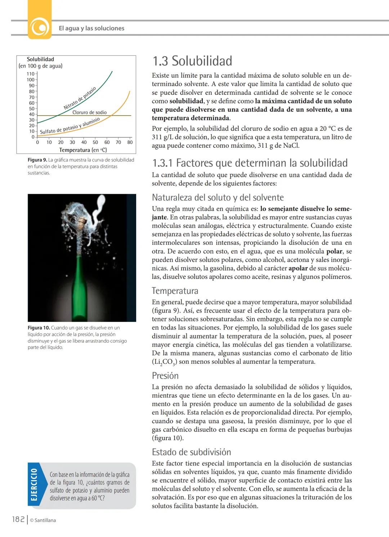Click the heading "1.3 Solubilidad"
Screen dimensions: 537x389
(x=192, y=61)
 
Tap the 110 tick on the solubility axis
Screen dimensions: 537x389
(x=31, y=74)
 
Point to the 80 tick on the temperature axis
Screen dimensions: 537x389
(x=130, y=142)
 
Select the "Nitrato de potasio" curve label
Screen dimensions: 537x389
(x=80, y=98)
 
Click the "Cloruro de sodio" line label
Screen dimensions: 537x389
(x=89, y=112)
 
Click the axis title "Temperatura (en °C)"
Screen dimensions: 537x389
(x=83, y=150)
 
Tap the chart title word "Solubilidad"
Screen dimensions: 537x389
(x=40, y=59)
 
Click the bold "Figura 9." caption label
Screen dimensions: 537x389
(x=37, y=160)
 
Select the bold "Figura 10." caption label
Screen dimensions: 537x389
(x=39, y=328)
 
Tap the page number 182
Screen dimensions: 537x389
(x=18, y=519)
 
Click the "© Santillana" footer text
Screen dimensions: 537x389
(x=43, y=520)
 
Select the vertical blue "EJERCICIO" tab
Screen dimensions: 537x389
(x=33, y=485)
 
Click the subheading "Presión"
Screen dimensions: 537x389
(x=165, y=376)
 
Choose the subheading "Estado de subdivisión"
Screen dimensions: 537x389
(x=191, y=452)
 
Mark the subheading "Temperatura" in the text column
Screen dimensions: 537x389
(x=175, y=291)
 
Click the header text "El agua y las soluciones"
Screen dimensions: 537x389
(x=91, y=28)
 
